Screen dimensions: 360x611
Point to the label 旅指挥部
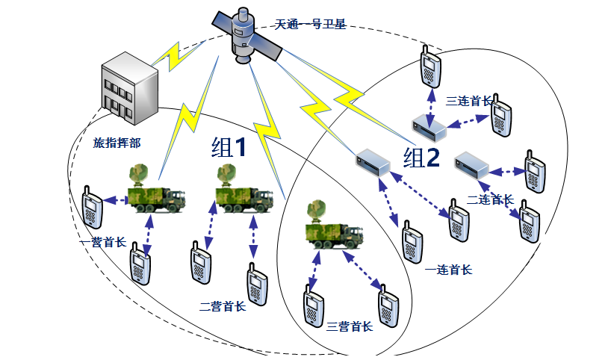pos(117,141)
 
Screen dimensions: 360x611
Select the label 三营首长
pos(349,326)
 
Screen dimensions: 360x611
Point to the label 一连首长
pos(447,270)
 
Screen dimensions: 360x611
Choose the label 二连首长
pos(489,200)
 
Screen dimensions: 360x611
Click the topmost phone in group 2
pos(427,66)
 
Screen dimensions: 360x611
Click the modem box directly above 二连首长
pos(472,163)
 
